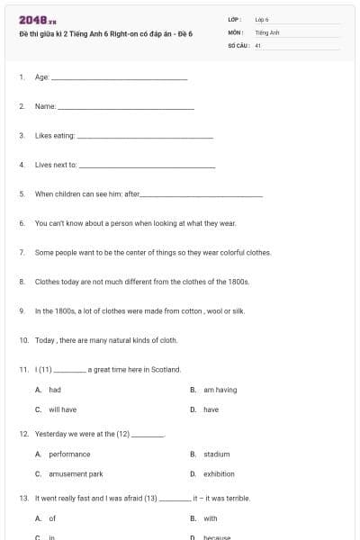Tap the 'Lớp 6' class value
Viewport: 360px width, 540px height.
[262, 19]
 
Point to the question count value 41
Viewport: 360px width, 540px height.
[257, 44]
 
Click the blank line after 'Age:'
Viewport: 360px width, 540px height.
[120, 78]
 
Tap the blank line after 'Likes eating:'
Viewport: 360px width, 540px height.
[146, 136]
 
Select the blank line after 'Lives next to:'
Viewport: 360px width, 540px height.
[148, 166]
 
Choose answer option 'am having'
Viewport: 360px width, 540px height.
[220, 390]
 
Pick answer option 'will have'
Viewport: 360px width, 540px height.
[62, 409]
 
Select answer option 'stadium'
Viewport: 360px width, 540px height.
[216, 454]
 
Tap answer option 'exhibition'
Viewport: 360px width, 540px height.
[219, 474]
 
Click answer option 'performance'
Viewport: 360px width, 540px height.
[69, 454]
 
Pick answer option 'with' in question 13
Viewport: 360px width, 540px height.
[210, 518]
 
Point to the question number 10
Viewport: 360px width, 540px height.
[23, 340]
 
